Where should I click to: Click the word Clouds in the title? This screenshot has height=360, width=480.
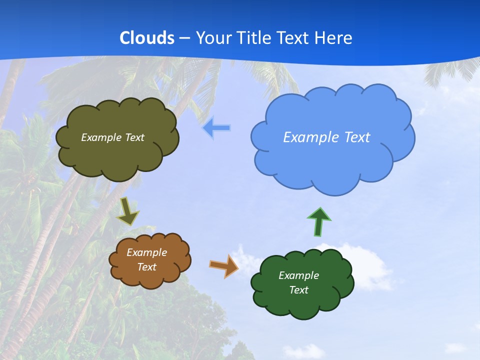click(x=147, y=38)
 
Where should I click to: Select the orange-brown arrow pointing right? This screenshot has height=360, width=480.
click(x=224, y=265)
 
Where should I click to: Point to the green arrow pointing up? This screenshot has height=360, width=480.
click(x=319, y=221)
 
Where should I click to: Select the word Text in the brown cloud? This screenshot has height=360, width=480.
click(x=146, y=267)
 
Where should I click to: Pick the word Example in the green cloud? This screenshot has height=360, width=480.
click(x=298, y=275)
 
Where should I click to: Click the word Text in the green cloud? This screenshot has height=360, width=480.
click(x=298, y=290)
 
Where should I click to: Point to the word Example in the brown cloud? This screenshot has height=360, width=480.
click(x=146, y=252)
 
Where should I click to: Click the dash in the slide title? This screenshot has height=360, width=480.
click(x=185, y=38)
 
